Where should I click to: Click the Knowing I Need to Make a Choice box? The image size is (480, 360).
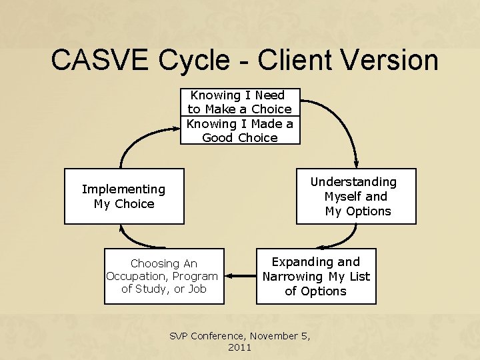pos(240,102)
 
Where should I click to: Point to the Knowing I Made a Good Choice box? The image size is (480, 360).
pos(240,131)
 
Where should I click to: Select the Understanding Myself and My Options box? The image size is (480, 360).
pos(356,196)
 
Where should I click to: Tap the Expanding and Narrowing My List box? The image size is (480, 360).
pos(316,276)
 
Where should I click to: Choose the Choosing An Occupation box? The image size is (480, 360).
pos(164,276)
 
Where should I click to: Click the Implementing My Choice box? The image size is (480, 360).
pos(123,196)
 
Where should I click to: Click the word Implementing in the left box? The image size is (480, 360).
pos(123,189)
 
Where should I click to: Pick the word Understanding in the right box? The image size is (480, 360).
pos(353,182)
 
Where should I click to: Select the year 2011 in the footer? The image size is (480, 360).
pos(240,347)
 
